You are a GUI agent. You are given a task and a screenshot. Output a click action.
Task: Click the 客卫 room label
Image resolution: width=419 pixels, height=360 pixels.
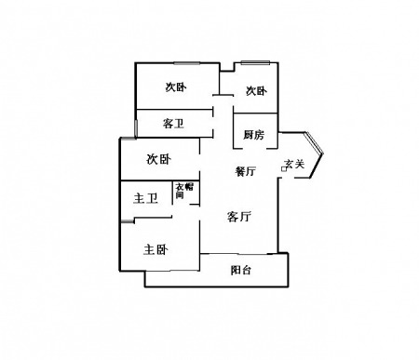[x=173, y=124]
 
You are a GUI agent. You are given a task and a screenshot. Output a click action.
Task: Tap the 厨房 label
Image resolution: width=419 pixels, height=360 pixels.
[x=253, y=135]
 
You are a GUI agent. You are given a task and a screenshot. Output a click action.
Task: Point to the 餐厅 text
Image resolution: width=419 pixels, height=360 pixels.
[x=246, y=171]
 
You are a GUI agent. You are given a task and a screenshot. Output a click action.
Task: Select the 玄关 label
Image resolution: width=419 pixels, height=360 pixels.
[x=295, y=164]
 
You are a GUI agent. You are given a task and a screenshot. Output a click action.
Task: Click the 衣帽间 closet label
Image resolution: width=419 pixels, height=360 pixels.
[x=184, y=191]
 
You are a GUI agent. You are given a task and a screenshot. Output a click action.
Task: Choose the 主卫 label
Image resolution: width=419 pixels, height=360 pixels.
[x=145, y=198]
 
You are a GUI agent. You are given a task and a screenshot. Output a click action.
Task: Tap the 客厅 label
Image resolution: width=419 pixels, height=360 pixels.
[x=238, y=217]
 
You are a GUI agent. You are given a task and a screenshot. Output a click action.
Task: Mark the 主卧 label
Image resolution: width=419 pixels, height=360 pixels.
[x=155, y=249]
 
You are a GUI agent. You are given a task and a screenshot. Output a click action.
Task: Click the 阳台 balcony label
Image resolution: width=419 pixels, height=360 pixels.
[x=241, y=270]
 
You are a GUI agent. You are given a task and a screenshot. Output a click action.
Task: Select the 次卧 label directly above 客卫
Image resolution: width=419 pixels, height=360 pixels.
[x=176, y=87]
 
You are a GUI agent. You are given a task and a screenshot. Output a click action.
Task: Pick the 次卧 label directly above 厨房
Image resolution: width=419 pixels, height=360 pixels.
[x=256, y=91]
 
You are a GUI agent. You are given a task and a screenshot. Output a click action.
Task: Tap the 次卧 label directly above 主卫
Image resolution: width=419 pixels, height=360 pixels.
[x=158, y=159]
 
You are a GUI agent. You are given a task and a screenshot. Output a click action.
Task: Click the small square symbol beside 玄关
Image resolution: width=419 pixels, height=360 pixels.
[x=284, y=169]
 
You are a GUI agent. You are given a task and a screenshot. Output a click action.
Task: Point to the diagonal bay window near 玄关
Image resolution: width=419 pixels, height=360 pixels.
[x=314, y=143]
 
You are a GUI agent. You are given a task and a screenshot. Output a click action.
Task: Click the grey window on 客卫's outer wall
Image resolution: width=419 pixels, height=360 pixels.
[x=136, y=127]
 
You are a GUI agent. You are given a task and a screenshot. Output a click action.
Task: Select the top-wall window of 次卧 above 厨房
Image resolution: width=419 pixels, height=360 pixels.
[x=255, y=62]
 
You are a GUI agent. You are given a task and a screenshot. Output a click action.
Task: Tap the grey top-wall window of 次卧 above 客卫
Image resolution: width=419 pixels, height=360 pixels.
[x=187, y=63]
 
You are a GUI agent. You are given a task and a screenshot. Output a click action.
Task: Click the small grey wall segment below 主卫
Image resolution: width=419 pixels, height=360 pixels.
[x=127, y=221]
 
